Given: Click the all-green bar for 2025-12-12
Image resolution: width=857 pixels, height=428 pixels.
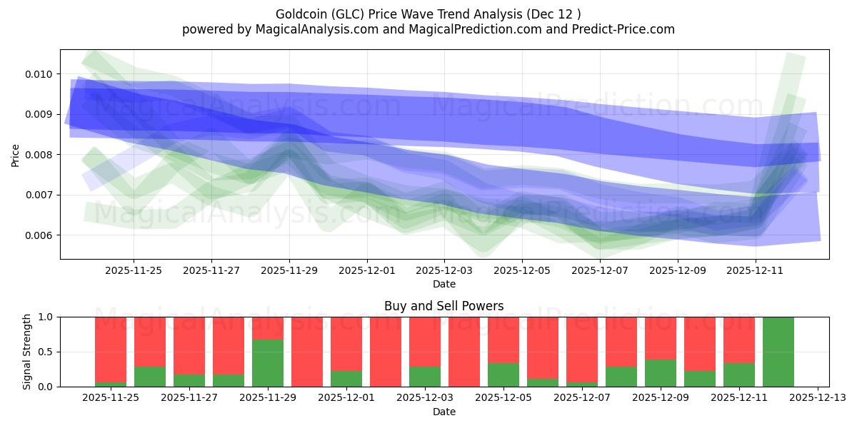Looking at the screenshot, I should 778,352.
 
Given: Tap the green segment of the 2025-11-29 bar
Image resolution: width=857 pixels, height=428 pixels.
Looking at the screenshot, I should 268,363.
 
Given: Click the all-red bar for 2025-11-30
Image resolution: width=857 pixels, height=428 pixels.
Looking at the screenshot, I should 307,352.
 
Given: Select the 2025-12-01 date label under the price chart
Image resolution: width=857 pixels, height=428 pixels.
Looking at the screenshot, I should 366,270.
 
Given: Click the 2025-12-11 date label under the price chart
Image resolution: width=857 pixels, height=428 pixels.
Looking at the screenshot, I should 756,270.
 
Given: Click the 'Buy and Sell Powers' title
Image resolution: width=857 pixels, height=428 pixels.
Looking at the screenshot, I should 443,306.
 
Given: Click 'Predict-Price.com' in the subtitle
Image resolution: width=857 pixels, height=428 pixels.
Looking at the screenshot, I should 626,29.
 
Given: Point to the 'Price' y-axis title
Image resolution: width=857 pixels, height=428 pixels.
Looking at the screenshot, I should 16,155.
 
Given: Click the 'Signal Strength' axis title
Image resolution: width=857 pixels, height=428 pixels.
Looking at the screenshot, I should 26,352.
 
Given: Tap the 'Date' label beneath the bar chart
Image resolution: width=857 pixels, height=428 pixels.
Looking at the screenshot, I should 443,412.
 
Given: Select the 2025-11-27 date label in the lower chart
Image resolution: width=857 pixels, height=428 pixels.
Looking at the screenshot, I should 189,397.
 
